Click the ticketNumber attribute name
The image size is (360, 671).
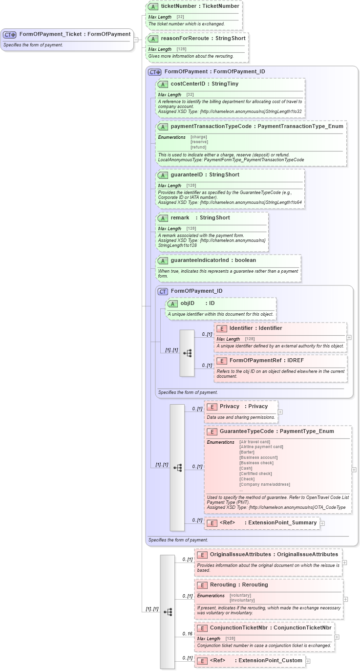pos(179,6)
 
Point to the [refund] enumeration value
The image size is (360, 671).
pos(198,147)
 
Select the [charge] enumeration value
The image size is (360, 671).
pos(199,137)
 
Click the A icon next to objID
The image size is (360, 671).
pos(172,303)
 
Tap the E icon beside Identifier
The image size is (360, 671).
pos(221,328)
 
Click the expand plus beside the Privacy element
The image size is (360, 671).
pos(280,412)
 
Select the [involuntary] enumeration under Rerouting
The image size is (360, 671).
pos(242,600)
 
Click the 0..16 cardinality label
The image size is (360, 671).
pos(187,634)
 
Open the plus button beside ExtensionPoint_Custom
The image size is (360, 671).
pos(308,661)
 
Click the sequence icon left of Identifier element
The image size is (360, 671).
pos(187,353)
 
